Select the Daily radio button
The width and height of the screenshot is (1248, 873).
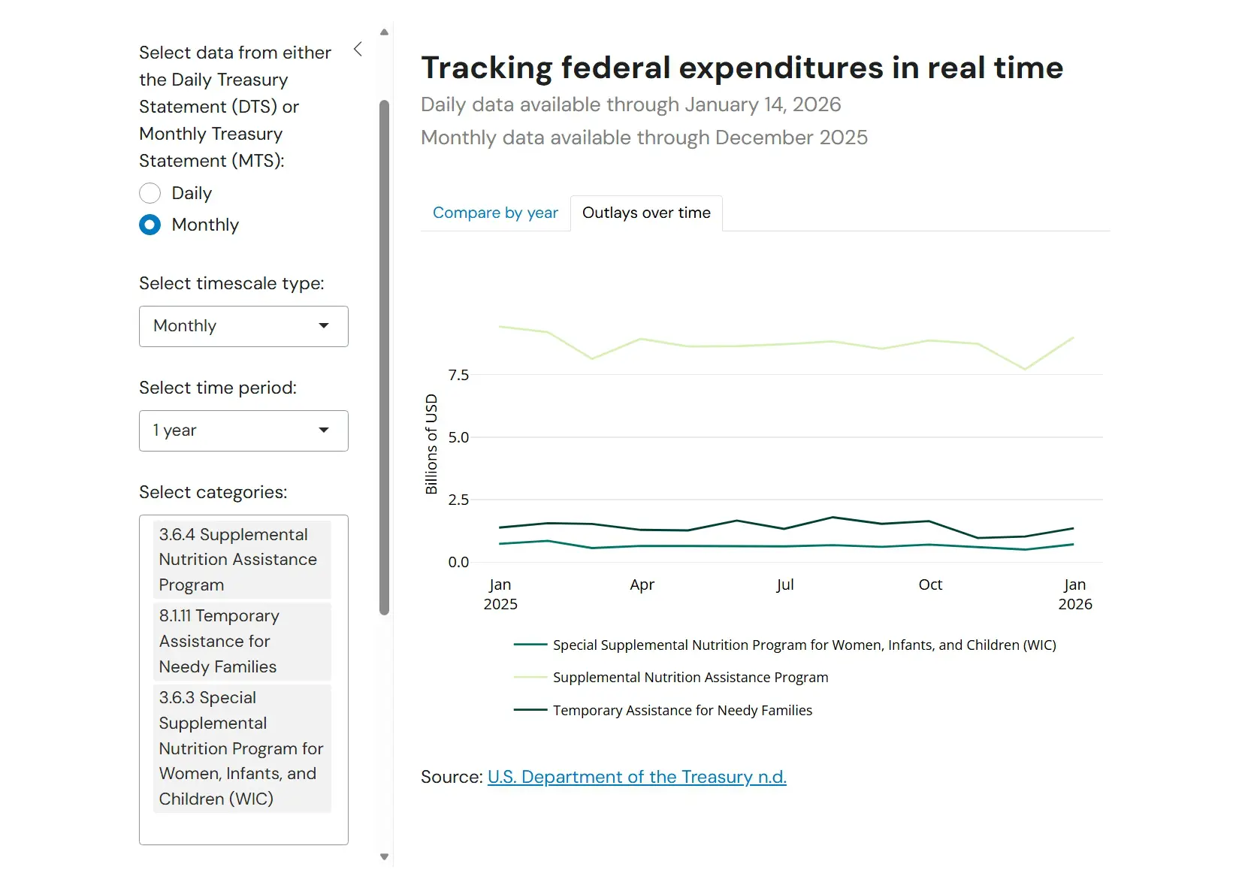150,193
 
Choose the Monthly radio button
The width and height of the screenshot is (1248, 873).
150,225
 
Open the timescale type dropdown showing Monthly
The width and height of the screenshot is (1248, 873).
243,326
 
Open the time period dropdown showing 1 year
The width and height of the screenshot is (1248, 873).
243,430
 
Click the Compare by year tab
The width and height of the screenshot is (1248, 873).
495,213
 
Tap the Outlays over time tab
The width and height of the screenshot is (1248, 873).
646,213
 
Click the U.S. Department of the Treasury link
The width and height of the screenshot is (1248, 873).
636,777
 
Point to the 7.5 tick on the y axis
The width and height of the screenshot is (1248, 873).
458,375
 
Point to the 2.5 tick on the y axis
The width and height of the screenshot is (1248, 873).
458,500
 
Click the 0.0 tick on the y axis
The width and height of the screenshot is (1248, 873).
458,562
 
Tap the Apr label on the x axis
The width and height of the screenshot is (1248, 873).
642,585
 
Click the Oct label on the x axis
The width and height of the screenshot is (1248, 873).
930,585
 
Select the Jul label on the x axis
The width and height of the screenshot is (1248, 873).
785,585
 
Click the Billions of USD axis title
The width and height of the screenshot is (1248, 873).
431,444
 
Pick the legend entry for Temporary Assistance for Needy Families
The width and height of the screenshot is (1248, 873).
682,710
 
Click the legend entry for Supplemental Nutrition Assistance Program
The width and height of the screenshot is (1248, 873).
690,677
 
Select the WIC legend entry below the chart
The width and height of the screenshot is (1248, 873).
804,645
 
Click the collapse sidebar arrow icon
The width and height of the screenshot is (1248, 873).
358,50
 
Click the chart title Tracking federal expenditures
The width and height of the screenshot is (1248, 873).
742,68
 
